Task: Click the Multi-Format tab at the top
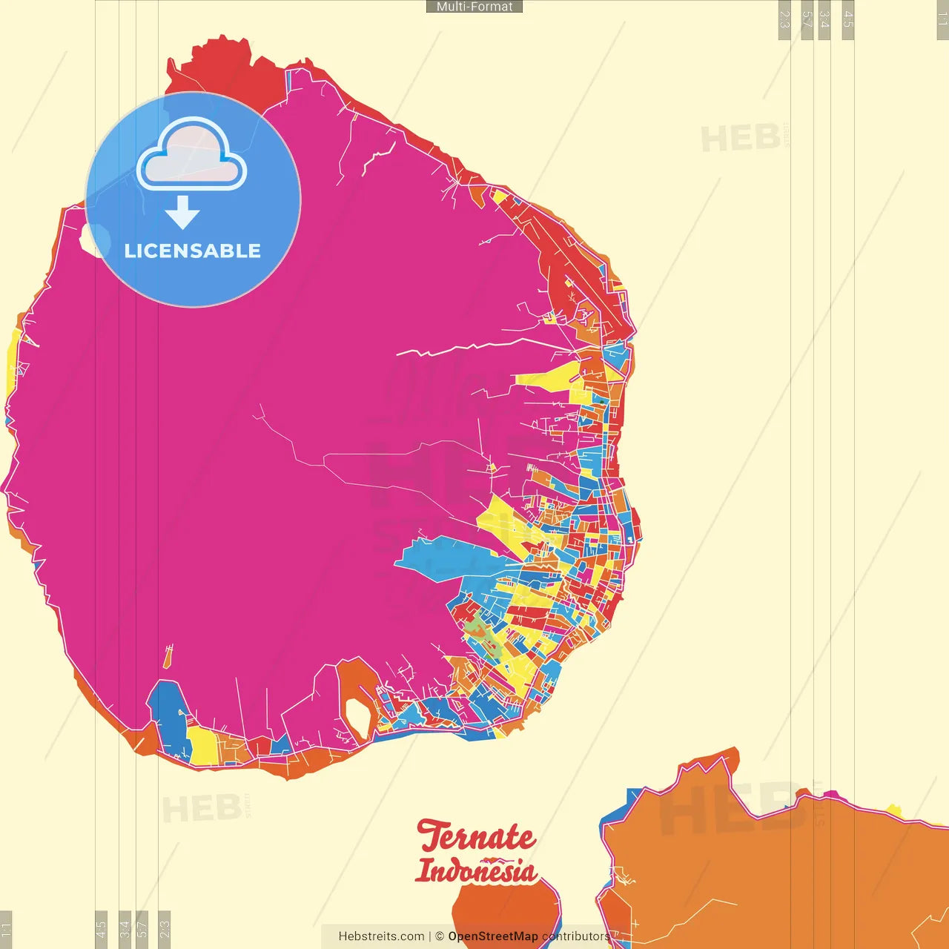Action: pyautogui.click(x=474, y=7)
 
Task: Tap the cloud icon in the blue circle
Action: pyautogui.click(x=191, y=154)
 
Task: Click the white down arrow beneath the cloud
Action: pyautogui.click(x=182, y=213)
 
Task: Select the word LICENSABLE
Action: pyautogui.click(x=193, y=251)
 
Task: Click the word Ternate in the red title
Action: pyautogui.click(x=476, y=838)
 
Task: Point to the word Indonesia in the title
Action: pyautogui.click(x=476, y=870)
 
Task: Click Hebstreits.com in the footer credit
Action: pyautogui.click(x=381, y=936)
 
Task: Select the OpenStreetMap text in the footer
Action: pyautogui.click(x=492, y=936)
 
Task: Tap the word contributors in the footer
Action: pyautogui.click(x=575, y=936)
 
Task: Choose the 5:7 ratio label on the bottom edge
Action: pyautogui.click(x=142, y=929)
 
